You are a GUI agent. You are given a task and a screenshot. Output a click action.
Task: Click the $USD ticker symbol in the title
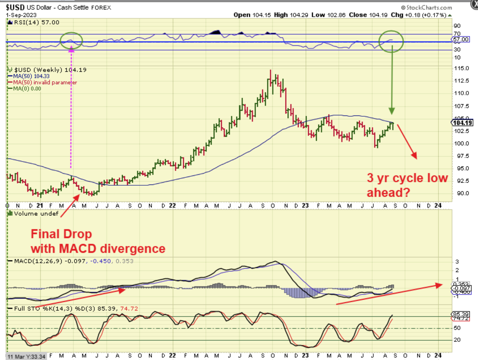15,7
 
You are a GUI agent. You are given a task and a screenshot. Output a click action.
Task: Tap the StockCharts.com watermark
427,8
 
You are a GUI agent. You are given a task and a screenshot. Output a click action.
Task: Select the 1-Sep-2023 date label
21,15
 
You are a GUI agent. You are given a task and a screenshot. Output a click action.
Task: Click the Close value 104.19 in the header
379,15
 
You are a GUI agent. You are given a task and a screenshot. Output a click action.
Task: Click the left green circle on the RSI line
71,40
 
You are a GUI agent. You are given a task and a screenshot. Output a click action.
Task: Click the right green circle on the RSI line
392,40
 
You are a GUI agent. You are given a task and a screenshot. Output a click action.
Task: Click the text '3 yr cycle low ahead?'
407,185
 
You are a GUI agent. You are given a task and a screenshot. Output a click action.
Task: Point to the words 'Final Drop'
61,234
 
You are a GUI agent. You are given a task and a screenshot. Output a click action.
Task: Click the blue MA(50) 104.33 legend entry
31,76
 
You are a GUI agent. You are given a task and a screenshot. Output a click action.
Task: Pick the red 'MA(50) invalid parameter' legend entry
45,82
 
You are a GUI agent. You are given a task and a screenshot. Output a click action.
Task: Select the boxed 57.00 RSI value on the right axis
461,39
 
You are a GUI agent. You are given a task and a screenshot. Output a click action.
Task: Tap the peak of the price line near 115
270,71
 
